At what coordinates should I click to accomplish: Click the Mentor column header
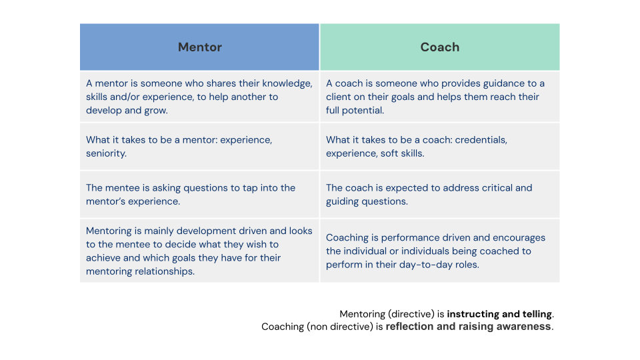point(199,47)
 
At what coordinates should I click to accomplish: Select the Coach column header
point(439,47)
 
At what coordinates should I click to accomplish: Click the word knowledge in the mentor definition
point(287,84)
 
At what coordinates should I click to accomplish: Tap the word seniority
point(106,153)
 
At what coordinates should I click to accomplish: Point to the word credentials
point(481,140)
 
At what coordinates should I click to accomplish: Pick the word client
point(339,97)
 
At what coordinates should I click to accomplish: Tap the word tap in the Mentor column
point(250,188)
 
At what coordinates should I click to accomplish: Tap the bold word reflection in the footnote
point(409,327)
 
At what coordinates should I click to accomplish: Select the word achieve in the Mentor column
point(103,258)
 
